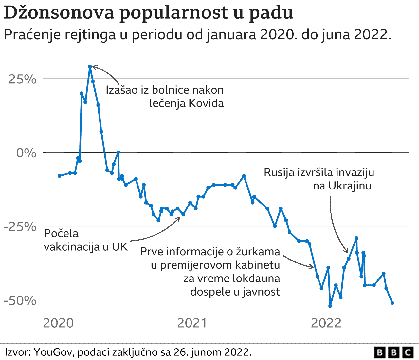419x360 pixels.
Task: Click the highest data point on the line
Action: [90, 67]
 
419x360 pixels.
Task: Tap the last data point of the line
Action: [392, 303]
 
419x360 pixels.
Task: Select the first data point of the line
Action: [59, 176]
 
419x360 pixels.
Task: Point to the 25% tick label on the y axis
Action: [22, 79]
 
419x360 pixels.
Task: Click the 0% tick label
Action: [26, 153]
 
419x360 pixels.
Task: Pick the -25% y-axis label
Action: [20, 226]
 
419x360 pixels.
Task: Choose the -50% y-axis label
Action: [20, 300]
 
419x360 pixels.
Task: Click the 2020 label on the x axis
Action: [59, 323]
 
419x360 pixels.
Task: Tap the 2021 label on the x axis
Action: [192, 323]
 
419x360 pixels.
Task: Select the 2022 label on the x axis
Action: [326, 323]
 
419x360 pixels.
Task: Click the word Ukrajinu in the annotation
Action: [350, 186]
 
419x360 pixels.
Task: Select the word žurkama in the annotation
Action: [259, 251]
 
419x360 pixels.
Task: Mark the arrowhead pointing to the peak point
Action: [94, 67]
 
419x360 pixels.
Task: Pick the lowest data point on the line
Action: [330, 306]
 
